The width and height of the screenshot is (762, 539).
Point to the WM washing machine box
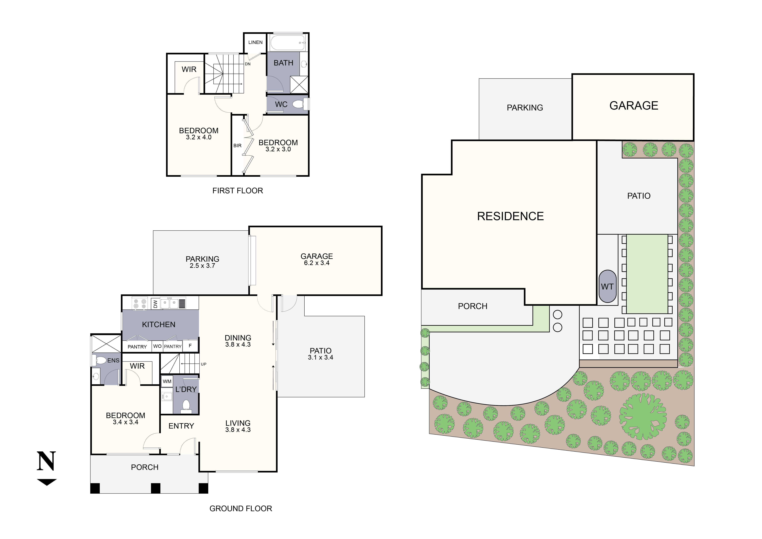point(167,381)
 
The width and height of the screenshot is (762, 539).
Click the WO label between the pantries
point(157,346)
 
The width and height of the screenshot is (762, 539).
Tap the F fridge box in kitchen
point(190,346)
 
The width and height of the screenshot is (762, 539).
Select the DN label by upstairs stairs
point(248,64)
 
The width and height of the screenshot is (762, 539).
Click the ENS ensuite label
point(113,360)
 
